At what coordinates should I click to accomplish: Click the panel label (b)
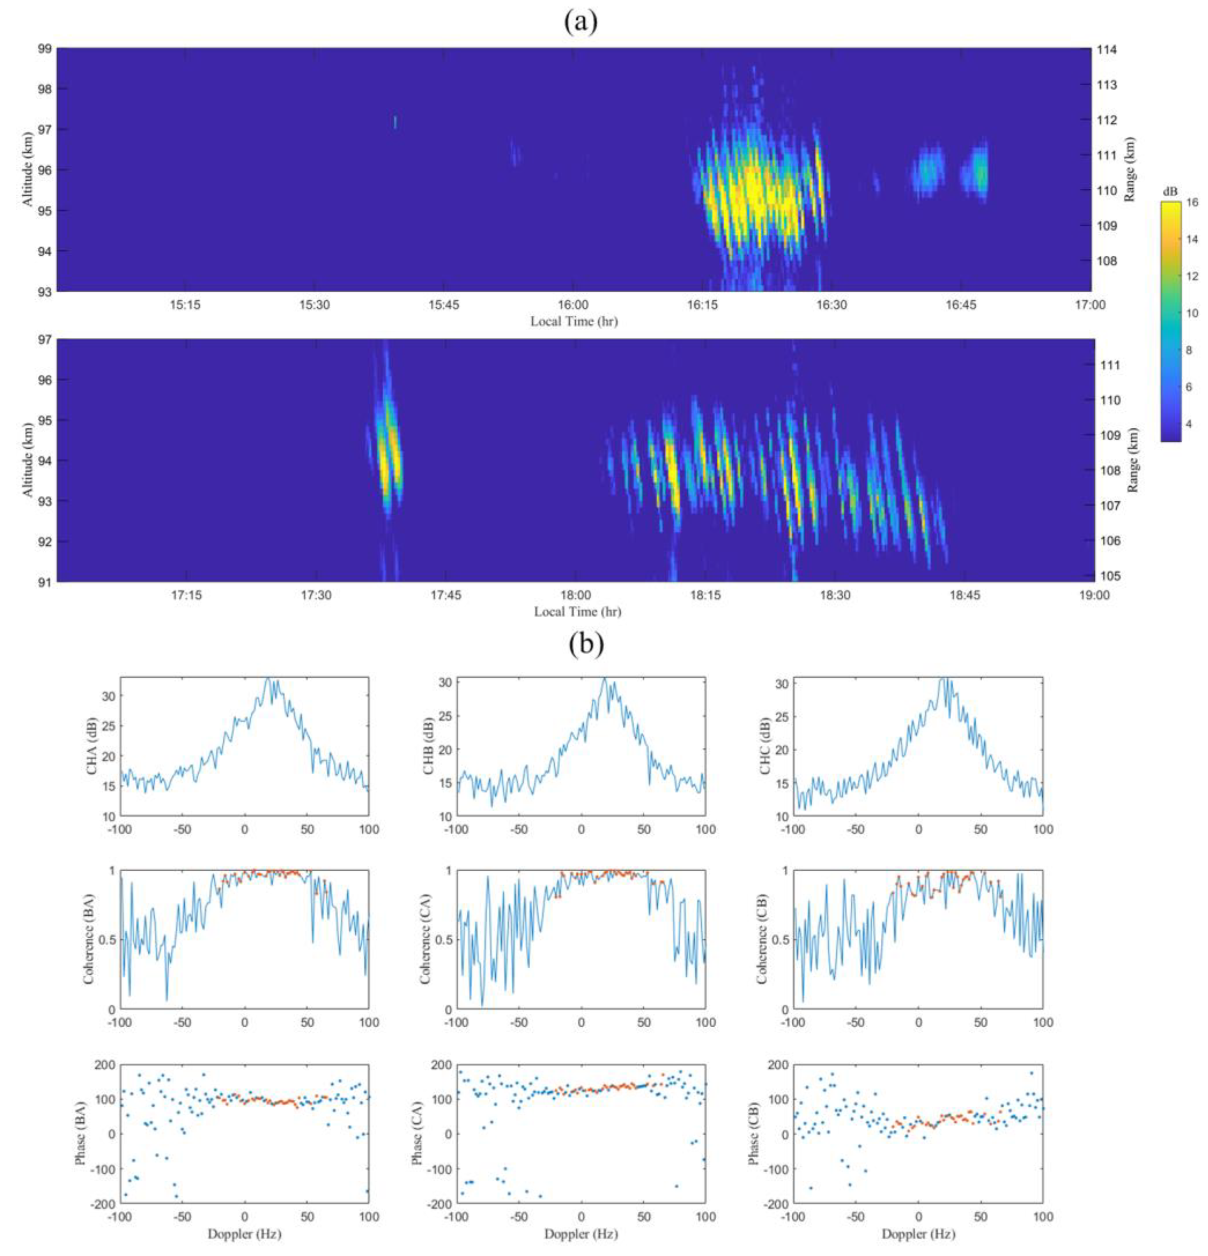pos(586,645)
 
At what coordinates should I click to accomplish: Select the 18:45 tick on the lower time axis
pos(965,595)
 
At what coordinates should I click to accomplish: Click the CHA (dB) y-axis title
pos(94,748)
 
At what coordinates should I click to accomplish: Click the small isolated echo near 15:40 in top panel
pos(395,122)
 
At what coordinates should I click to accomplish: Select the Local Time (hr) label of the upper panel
pos(573,322)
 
